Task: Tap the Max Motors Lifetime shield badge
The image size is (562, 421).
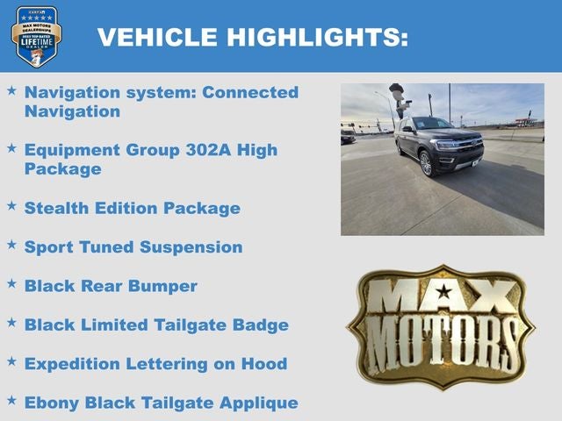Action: pos(36,36)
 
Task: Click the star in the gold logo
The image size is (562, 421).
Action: pos(444,290)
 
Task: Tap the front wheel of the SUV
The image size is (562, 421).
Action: pos(426,164)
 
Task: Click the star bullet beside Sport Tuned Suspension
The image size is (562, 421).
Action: pos(11,246)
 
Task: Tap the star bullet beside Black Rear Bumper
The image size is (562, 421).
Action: pos(11,284)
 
